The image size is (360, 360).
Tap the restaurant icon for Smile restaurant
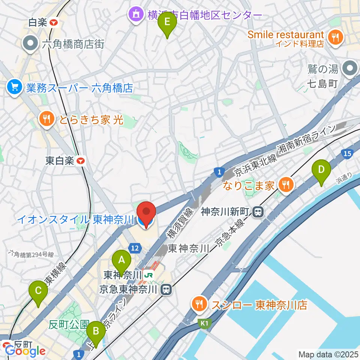click(x=334, y=37)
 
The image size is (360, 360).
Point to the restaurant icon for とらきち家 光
click(x=47, y=119)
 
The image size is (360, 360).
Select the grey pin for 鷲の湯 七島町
click(x=351, y=69)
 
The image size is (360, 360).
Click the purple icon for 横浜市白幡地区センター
click(x=135, y=15)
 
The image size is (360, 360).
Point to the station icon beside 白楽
click(x=54, y=22)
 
